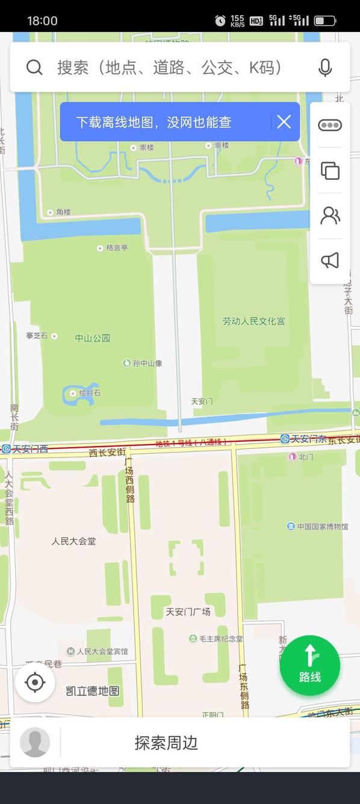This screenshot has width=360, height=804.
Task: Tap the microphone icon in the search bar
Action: pyautogui.click(x=325, y=67)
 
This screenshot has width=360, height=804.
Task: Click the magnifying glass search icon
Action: pyautogui.click(x=34, y=67)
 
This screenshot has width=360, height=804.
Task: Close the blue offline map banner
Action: pyautogui.click(x=284, y=122)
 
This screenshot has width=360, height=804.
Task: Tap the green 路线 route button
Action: pyautogui.click(x=310, y=666)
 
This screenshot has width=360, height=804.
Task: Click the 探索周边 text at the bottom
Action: pyautogui.click(x=166, y=743)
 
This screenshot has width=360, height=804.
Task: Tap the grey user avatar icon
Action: pyautogui.click(x=35, y=742)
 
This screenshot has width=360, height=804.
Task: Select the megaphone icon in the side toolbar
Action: pyautogui.click(x=330, y=260)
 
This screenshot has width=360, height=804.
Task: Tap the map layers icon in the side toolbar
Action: pyautogui.click(x=330, y=170)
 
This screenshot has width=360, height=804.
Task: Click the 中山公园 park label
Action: pyautogui.click(x=93, y=338)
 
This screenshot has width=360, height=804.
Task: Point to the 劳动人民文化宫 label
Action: pyautogui.click(x=254, y=321)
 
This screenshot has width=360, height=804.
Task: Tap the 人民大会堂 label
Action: pyautogui.click(x=73, y=541)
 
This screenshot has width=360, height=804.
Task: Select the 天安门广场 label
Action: pyautogui.click(x=188, y=612)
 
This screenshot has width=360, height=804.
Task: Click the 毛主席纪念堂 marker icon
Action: pyautogui.click(x=193, y=639)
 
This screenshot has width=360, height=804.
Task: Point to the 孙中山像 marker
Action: pyautogui.click(x=127, y=363)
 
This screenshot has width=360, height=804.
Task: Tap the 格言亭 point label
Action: pyautogui.click(x=116, y=247)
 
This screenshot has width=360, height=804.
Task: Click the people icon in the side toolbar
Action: pyautogui.click(x=330, y=215)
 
